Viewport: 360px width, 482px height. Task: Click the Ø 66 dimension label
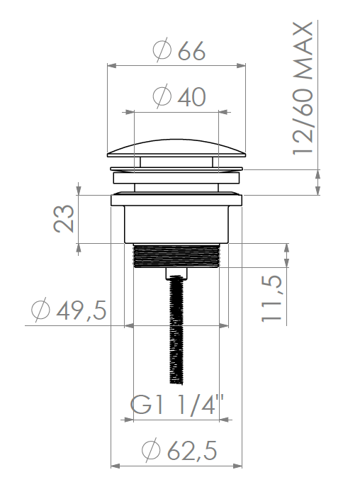coord(179,51)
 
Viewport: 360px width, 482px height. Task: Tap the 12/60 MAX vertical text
coord(303,89)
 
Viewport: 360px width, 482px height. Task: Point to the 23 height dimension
coord(64,219)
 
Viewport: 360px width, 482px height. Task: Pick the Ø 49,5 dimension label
coord(69,310)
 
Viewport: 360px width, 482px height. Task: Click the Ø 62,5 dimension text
coord(179,449)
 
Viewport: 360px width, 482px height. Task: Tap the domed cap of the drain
coord(179,145)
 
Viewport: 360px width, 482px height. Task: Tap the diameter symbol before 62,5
coord(151,449)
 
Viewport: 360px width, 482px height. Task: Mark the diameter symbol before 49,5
coord(40,310)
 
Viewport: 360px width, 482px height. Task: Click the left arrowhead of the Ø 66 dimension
coord(110,66)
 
